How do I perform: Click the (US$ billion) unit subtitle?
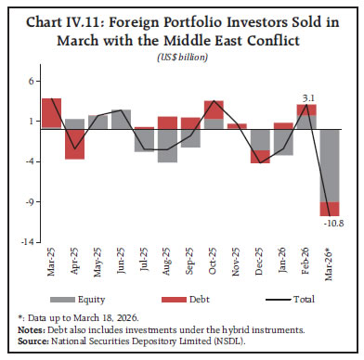(x=182, y=58)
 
